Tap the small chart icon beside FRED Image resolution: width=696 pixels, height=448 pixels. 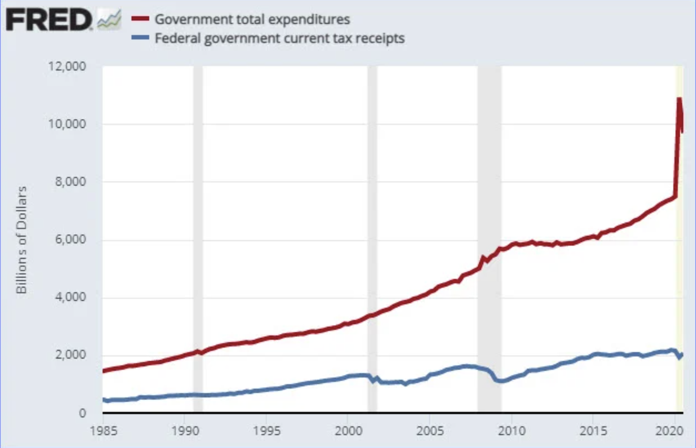pyautogui.click(x=109, y=20)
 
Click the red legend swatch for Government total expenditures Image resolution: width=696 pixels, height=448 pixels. pyautogui.click(x=140, y=19)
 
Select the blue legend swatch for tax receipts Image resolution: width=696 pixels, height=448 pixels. pyautogui.click(x=140, y=38)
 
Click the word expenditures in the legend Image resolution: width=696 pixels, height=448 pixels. pyautogui.click(x=309, y=20)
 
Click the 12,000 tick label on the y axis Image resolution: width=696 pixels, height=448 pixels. pyautogui.click(x=67, y=67)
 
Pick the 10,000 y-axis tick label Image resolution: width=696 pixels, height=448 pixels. pyautogui.click(x=67, y=124)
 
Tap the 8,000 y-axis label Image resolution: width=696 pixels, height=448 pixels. pyautogui.click(x=70, y=181)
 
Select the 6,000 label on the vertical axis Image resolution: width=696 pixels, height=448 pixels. pyautogui.click(x=70, y=240)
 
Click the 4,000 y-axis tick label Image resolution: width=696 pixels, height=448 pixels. pyautogui.click(x=70, y=297)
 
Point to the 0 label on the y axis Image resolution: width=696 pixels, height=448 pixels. pyautogui.click(x=82, y=413)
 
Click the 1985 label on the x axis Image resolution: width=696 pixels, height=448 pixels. pyautogui.click(x=103, y=431)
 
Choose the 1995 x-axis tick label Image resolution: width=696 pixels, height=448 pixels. pyautogui.click(x=267, y=431)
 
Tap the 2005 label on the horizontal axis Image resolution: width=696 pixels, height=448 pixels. pyautogui.click(x=430, y=431)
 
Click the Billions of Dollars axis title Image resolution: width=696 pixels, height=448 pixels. pyautogui.click(x=21, y=240)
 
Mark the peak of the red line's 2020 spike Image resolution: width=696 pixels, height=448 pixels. pyautogui.click(x=679, y=98)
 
